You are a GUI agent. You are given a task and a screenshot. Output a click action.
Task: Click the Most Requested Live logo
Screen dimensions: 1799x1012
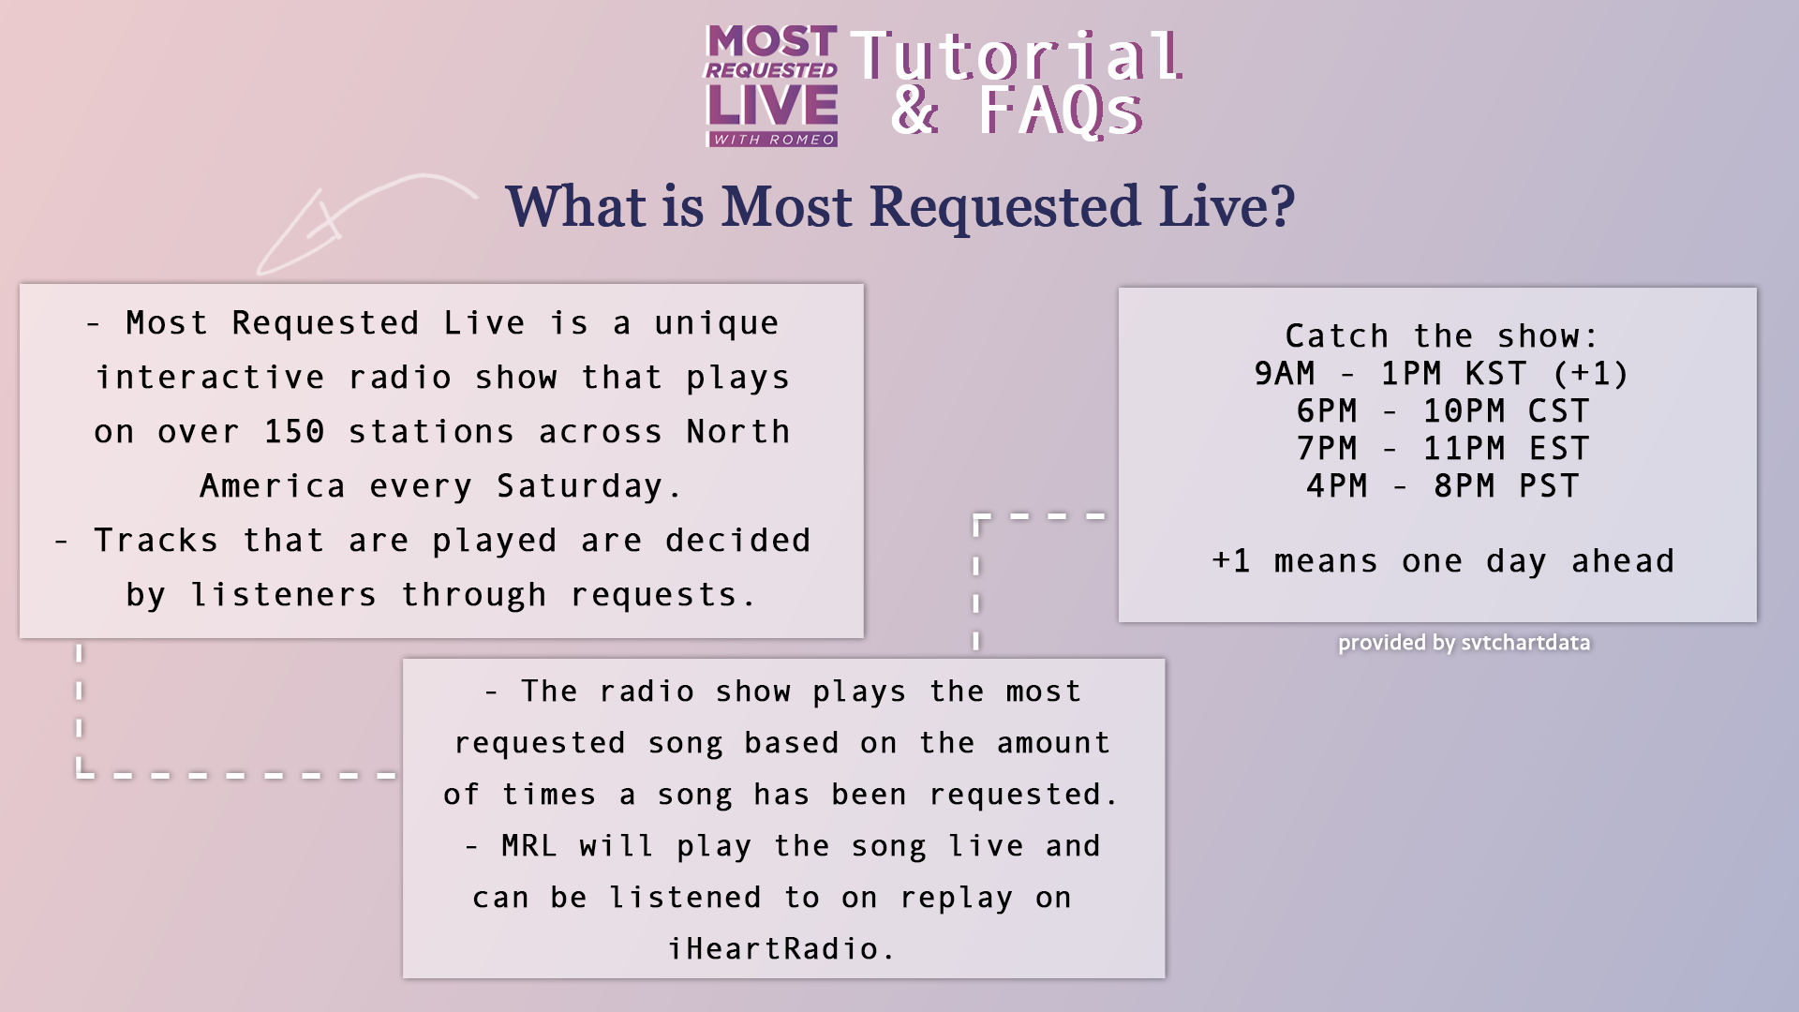tap(771, 86)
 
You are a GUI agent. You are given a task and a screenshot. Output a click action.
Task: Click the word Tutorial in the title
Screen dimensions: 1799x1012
tap(1017, 55)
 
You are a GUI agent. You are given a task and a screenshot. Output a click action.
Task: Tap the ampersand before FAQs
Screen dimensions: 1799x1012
tap(914, 111)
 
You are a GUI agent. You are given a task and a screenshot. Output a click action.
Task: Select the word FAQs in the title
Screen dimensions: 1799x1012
tap(1061, 112)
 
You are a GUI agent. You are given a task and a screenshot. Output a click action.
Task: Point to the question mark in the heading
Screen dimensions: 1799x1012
tap(1280, 205)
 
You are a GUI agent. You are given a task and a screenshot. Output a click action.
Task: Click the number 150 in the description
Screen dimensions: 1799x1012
tap(294, 431)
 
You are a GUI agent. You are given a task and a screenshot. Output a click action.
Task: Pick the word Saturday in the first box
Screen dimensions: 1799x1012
tap(579, 486)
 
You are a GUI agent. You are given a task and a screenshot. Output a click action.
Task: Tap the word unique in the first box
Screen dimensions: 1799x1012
tap(717, 323)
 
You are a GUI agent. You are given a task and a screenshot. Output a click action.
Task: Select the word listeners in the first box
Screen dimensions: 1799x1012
tap(284, 595)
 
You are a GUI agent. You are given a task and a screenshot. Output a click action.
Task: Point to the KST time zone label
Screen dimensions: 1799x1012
tap(1496, 373)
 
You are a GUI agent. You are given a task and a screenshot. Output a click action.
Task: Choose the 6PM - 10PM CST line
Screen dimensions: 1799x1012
tap(1443, 410)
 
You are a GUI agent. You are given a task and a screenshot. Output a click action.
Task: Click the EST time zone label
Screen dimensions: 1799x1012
tap(1559, 448)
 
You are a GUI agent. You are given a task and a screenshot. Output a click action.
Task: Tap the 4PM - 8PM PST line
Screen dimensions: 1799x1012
tap(1443, 485)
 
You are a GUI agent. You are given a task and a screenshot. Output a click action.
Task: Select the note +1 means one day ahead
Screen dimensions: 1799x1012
tap(1443, 560)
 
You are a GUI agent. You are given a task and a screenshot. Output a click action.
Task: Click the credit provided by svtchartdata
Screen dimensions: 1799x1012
tap(1464, 643)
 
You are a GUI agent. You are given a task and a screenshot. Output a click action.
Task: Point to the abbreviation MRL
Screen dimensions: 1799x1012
tap(529, 845)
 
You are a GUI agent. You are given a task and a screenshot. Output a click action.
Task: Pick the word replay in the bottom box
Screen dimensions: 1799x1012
tap(957, 898)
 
